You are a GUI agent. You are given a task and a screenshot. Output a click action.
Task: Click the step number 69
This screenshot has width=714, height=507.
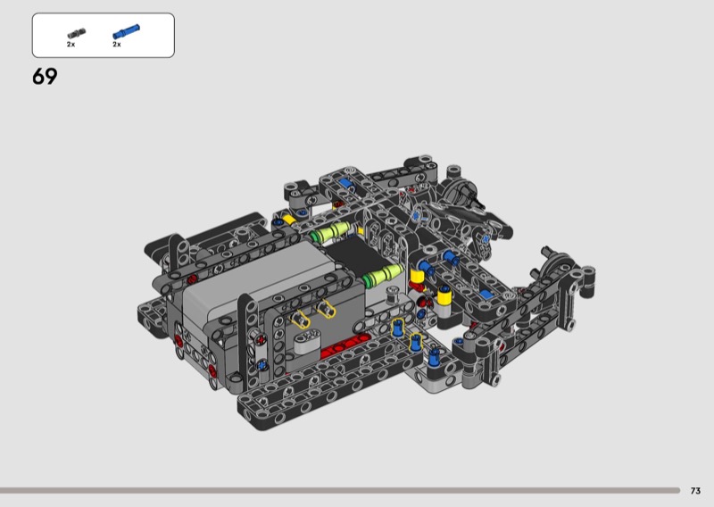(x=45, y=77)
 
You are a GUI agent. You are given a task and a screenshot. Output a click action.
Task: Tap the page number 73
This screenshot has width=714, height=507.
(x=695, y=491)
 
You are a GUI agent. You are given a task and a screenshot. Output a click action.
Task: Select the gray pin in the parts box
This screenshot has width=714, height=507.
(x=76, y=33)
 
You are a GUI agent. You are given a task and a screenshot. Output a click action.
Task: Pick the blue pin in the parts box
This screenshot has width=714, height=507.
(x=126, y=31)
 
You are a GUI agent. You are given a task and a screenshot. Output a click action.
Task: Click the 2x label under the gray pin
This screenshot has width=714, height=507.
(x=71, y=45)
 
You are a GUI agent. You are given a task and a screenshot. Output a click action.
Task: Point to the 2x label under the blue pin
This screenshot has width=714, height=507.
(x=117, y=45)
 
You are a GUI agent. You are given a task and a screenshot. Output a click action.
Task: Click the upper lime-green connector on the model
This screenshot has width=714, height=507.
(x=331, y=232)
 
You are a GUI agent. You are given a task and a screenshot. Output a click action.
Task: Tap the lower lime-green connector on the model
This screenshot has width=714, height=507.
(x=383, y=275)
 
